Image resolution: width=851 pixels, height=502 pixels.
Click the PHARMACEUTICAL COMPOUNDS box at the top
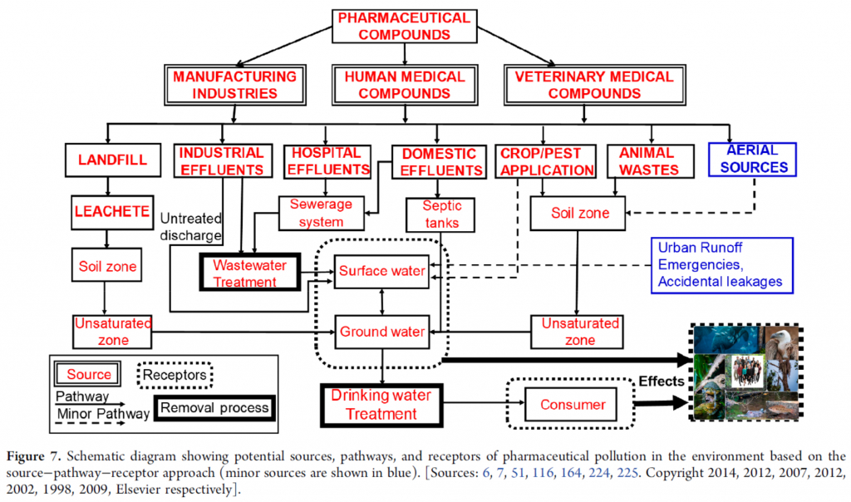(405, 26)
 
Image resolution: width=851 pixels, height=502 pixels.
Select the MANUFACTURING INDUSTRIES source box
(234, 85)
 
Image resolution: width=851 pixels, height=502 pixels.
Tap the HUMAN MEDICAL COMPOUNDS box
(405, 85)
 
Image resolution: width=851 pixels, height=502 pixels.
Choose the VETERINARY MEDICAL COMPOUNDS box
(593, 85)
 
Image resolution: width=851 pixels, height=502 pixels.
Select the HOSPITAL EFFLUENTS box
(327, 161)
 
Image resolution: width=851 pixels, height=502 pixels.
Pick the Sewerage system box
(321, 212)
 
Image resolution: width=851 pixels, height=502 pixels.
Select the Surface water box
(381, 271)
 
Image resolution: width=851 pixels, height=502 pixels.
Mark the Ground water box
(381, 332)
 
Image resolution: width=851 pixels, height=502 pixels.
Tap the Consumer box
(573, 405)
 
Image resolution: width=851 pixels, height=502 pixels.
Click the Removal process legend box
(214, 407)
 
